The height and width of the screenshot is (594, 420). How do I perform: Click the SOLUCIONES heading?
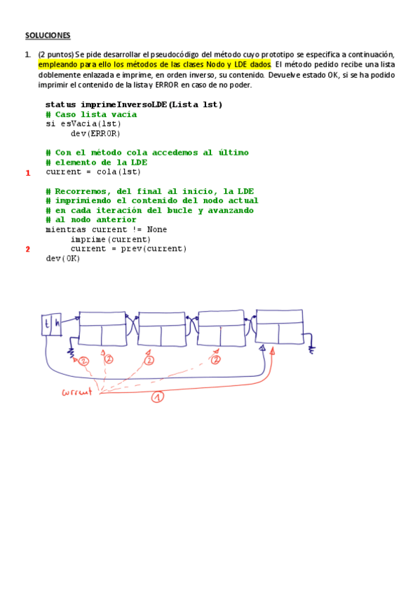tap(48, 35)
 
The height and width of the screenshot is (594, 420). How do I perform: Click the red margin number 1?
tap(27, 173)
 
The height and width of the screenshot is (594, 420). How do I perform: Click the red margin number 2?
tap(27, 249)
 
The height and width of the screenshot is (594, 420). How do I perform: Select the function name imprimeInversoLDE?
tap(123, 104)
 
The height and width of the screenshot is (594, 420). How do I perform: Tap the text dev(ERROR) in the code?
tap(95, 133)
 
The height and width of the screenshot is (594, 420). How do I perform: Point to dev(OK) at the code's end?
tap(63, 258)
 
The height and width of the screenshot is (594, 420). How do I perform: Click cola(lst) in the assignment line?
tap(118, 172)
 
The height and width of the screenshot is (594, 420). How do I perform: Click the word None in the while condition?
tap(157, 229)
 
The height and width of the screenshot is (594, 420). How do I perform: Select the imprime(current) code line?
tap(110, 239)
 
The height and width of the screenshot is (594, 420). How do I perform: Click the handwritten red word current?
tap(77, 392)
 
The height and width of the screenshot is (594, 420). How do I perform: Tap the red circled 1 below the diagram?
tap(158, 396)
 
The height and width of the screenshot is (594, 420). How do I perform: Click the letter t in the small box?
tap(46, 324)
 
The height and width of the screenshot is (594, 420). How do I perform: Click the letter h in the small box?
tap(57, 324)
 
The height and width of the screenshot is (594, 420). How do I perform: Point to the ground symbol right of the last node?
tap(311, 350)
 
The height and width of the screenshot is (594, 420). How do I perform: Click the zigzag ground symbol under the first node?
tap(72, 352)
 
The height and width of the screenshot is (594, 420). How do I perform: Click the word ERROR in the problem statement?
tap(167, 85)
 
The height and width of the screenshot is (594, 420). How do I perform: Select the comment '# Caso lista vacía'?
tap(91, 114)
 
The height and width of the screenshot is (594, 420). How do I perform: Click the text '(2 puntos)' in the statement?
tap(55, 55)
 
